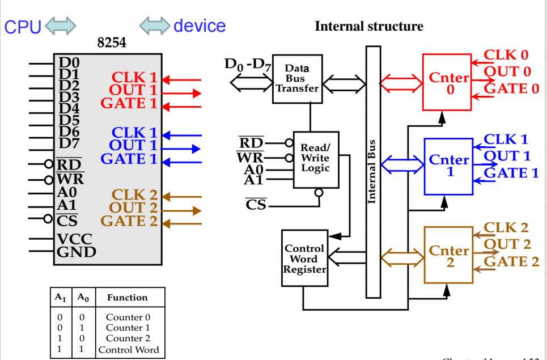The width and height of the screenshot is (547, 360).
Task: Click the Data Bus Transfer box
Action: (x=297, y=79)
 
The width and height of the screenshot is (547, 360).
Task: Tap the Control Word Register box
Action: (x=305, y=259)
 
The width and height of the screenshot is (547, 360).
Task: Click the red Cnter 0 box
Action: (x=447, y=82)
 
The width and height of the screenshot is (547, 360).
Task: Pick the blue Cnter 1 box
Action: (x=448, y=166)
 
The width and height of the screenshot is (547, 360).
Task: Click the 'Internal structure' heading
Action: (x=368, y=26)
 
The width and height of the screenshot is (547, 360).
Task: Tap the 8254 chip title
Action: (x=112, y=43)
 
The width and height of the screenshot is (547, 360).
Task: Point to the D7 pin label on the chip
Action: (x=69, y=142)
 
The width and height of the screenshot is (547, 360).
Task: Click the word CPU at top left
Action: (x=23, y=27)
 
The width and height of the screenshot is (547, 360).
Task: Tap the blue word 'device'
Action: (x=200, y=26)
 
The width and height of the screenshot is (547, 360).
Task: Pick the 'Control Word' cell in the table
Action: (x=129, y=350)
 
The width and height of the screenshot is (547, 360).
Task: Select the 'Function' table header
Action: (x=128, y=297)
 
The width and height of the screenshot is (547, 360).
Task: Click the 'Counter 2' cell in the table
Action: (x=128, y=338)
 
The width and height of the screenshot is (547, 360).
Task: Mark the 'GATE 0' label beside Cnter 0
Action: (x=511, y=88)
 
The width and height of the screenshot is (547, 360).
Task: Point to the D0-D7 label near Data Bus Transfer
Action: (x=248, y=65)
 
